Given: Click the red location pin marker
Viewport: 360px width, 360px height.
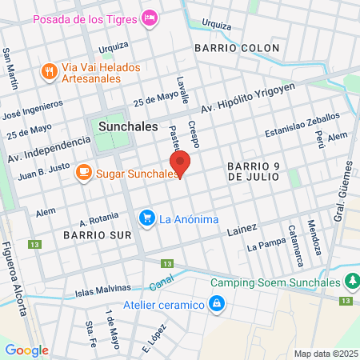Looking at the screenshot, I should [182, 163].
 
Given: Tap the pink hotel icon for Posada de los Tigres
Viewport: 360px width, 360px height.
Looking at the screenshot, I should [149, 17].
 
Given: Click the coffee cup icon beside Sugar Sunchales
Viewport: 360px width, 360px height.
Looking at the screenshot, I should [83, 171].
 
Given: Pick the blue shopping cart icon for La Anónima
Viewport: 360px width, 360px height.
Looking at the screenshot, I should [146, 217].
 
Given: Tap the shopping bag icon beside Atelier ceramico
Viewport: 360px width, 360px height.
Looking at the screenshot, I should [216, 303].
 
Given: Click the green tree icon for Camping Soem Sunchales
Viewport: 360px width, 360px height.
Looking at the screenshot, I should [350, 282].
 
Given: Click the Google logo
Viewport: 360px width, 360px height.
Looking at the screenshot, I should [26, 350].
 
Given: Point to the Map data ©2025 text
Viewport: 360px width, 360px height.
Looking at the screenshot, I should [324, 354].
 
